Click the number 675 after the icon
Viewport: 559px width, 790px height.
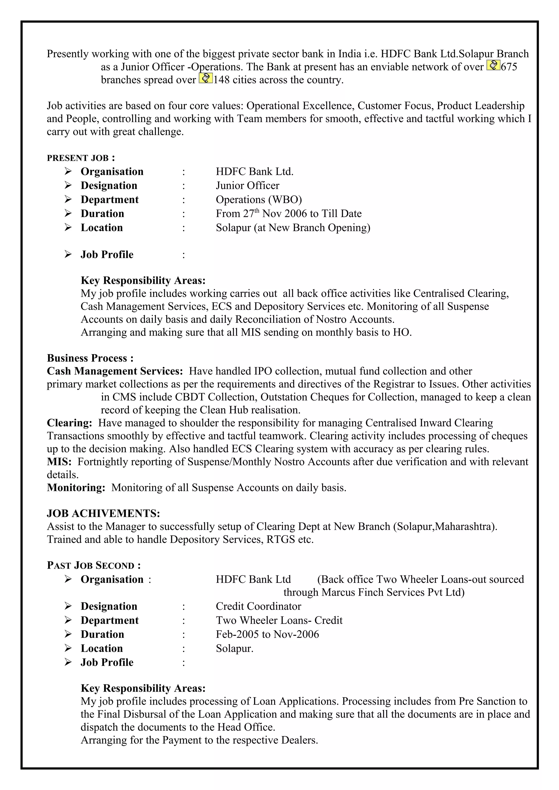tap(509, 67)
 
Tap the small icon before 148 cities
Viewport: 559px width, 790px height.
tap(206, 79)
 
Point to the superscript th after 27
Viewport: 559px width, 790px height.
tap(257, 210)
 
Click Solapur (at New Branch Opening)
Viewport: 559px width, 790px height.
tap(293, 228)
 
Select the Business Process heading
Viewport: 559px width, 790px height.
tap(90, 358)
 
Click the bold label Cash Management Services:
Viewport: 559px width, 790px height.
tap(115, 371)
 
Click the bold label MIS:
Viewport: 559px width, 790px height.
tap(59, 462)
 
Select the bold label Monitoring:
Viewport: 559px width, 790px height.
tap(76, 488)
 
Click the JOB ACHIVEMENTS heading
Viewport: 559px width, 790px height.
tap(103, 513)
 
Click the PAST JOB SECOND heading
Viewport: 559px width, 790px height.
tap(94, 566)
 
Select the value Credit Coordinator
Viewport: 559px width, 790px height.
tap(258, 606)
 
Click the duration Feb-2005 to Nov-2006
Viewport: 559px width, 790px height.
tap(267, 634)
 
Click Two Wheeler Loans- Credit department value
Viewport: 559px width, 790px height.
tap(279, 620)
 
